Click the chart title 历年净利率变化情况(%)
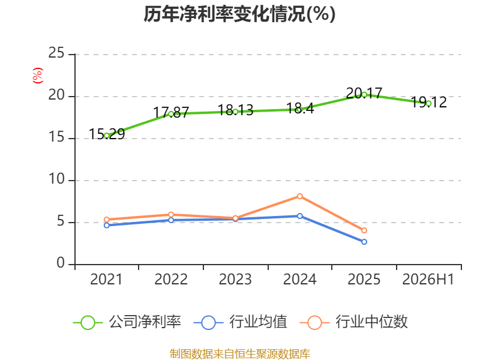(x=239, y=14)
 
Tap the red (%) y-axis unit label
(x=38, y=76)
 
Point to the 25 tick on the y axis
(x=56, y=53)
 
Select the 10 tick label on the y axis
(x=56, y=179)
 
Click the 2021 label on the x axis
(x=106, y=279)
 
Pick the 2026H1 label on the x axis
(x=428, y=279)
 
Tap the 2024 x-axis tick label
(x=299, y=279)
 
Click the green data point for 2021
(x=107, y=136)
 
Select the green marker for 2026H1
(x=428, y=104)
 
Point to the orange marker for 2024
(x=299, y=196)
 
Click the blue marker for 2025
(x=364, y=242)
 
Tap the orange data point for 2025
(x=364, y=230)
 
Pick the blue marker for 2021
(x=107, y=226)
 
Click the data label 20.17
(x=364, y=93)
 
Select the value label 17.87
(x=171, y=112)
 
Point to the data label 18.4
(x=300, y=109)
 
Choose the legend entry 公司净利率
(x=127, y=322)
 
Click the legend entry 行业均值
(x=241, y=322)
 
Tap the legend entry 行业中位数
(x=353, y=322)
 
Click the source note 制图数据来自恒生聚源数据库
(x=240, y=354)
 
